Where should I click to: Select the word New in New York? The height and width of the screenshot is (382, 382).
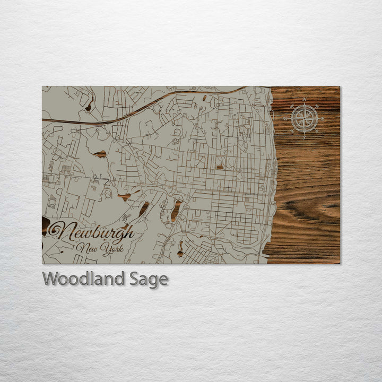(x=85, y=247)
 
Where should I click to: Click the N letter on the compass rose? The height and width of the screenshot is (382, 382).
(x=305, y=100)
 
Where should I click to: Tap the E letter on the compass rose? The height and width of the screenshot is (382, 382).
(x=323, y=118)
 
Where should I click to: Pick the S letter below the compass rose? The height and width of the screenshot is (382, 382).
(x=305, y=137)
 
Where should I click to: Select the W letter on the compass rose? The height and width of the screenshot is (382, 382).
(x=285, y=118)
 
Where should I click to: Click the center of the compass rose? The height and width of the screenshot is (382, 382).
(x=305, y=118)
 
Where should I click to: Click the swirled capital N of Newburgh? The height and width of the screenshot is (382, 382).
(x=57, y=231)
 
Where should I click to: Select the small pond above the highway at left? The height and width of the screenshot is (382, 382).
(x=88, y=107)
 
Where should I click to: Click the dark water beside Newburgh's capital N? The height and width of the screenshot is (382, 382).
(x=46, y=225)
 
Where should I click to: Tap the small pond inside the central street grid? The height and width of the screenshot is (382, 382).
(x=220, y=167)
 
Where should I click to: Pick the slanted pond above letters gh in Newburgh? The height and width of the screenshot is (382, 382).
(x=144, y=209)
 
